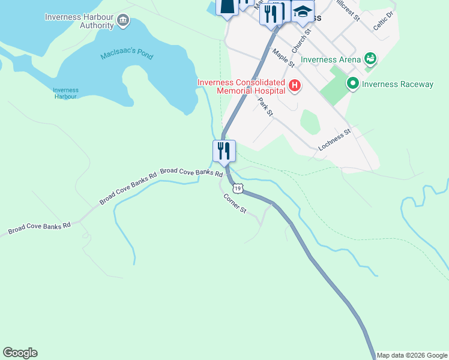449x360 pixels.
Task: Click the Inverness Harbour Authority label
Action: [79, 21]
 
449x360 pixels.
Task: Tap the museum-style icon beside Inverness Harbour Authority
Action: [123, 21]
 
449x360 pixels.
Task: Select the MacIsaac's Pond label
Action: [127, 56]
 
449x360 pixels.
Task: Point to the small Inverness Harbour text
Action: [65, 93]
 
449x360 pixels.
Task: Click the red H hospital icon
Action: [294, 86]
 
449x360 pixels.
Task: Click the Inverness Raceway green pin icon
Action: [352, 84]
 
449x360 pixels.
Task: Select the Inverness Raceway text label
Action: [397, 84]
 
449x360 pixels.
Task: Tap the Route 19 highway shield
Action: [238, 188]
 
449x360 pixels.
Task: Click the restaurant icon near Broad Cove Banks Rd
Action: [224, 151]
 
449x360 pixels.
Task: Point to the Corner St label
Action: [235, 203]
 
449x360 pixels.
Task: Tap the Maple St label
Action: [283, 58]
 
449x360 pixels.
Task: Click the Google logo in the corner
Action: [20, 353]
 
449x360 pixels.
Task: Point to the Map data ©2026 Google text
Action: [412, 355]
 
